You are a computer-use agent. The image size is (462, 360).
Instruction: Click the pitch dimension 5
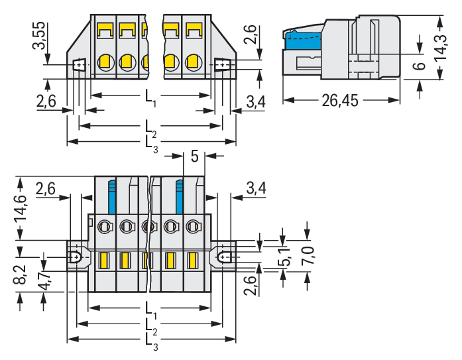pos(194,156)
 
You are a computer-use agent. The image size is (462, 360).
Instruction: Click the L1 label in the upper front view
pos(150,97)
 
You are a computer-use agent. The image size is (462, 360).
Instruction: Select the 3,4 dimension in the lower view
pos(255,188)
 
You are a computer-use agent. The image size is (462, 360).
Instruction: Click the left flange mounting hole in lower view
pos(76,255)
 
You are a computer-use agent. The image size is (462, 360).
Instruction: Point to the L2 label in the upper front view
pos(150,126)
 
